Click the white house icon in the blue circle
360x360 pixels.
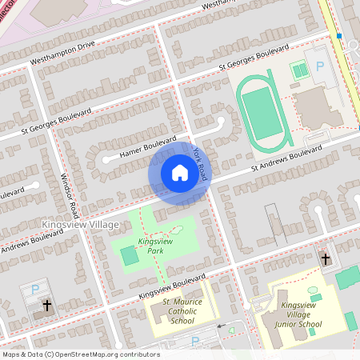point(179,172)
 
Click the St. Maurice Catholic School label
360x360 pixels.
point(182,311)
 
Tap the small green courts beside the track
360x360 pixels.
point(300,71)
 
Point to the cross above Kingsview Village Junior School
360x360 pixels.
point(325,258)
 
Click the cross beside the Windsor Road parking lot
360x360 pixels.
point(46,305)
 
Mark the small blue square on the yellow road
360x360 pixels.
point(339,36)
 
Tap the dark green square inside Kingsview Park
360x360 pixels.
point(129,256)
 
